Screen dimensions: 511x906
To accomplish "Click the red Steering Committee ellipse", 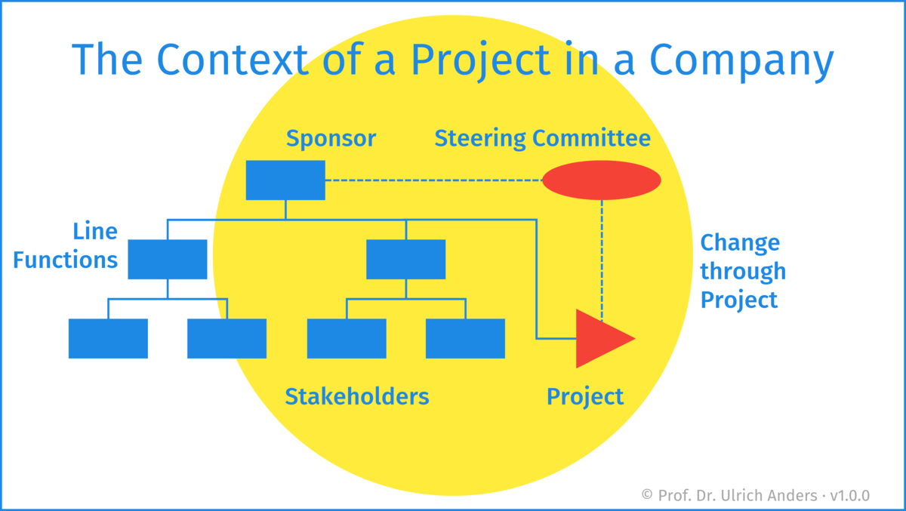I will pos(602,180).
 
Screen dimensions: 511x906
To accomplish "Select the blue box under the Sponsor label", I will pos(285,180).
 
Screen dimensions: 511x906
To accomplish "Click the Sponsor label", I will pos(331,139).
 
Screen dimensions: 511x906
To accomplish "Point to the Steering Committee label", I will pos(542,139).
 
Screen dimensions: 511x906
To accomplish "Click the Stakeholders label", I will pos(356,396).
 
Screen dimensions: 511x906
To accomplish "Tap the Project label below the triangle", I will pos(585,396).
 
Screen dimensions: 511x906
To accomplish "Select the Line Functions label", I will pos(66,245).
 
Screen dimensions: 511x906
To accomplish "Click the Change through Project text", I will pos(743,271).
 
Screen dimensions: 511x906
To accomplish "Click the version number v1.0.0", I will pos(849,495).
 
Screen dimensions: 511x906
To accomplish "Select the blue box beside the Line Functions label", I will pos(168,259).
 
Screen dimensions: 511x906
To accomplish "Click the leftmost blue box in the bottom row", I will pos(108,338).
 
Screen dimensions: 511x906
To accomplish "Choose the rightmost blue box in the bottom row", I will pos(465,338).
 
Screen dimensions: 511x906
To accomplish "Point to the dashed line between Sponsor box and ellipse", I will pos(434,180).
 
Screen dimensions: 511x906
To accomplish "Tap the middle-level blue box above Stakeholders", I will pos(405,259).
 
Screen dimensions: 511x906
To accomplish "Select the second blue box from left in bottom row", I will pos(226,338).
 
